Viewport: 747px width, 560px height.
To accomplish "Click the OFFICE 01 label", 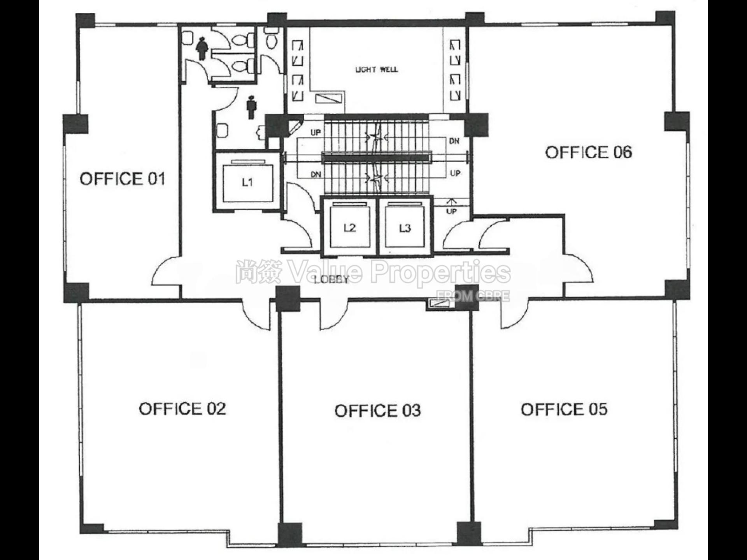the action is point(123,179).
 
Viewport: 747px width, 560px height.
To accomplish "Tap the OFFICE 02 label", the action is point(182,409).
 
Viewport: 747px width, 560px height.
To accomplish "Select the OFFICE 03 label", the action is point(377,411).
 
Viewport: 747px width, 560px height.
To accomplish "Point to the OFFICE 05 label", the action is point(564,409).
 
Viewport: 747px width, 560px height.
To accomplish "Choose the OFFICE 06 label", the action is point(588,152).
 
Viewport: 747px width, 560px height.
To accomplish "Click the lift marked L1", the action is point(247,182).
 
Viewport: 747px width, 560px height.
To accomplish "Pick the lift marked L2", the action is point(349,228).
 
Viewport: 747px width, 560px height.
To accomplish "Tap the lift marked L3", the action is point(405,228).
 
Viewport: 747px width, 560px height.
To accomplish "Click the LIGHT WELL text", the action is point(376,70).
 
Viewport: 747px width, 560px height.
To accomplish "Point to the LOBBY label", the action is point(331,279).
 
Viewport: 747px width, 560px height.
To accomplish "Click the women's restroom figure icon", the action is point(202,48).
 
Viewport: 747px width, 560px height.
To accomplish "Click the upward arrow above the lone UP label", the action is point(451,202).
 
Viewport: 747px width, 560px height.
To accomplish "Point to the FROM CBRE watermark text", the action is point(473,296).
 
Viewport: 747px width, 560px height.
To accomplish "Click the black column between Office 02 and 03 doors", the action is point(288,299).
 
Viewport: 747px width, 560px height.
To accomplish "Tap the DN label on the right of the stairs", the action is point(454,142).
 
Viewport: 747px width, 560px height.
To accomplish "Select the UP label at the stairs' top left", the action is point(316,133).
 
